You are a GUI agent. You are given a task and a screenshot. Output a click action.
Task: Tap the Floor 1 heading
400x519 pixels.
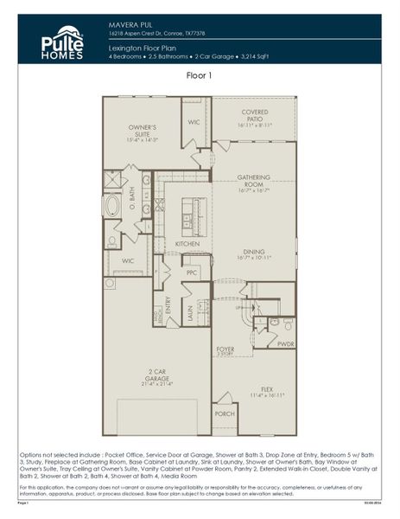[200, 77]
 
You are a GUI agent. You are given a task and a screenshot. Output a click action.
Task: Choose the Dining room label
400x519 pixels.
[255, 252]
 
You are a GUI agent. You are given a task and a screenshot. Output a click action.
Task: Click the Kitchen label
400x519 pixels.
[187, 244]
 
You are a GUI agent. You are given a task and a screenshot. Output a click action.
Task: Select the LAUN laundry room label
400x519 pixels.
[189, 318]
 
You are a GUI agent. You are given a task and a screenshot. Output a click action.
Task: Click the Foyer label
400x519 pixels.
[225, 350]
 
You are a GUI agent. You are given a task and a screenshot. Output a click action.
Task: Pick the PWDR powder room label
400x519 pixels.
[286, 343]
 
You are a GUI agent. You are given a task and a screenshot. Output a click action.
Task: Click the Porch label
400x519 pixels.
[225, 414]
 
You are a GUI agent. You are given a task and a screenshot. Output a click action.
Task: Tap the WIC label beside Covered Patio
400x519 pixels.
[194, 122]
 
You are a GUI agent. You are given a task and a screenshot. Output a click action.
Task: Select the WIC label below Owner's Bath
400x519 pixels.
[128, 260]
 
